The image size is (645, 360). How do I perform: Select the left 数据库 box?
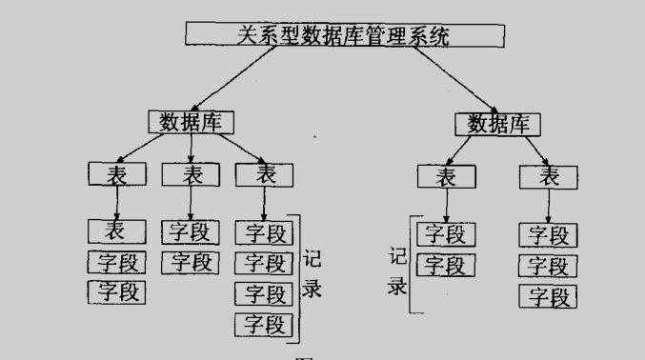click(x=191, y=122)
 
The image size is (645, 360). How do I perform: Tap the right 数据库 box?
click(x=498, y=123)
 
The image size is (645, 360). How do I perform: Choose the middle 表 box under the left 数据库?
click(x=191, y=174)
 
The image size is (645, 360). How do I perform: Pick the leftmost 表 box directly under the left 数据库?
click(x=117, y=174)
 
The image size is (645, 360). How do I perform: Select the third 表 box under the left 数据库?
click(x=264, y=174)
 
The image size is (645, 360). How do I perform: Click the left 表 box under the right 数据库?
click(x=445, y=176)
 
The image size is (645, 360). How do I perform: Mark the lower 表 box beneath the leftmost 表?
click(x=117, y=230)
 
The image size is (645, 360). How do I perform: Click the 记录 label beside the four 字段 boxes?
click(x=312, y=273)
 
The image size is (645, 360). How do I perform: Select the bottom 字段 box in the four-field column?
click(x=264, y=323)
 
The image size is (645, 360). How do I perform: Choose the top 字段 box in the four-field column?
click(x=264, y=231)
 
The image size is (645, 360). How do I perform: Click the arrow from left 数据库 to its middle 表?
click(x=191, y=148)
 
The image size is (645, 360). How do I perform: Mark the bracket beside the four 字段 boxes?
click(x=298, y=276)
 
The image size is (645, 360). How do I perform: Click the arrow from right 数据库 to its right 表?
click(x=527, y=149)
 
